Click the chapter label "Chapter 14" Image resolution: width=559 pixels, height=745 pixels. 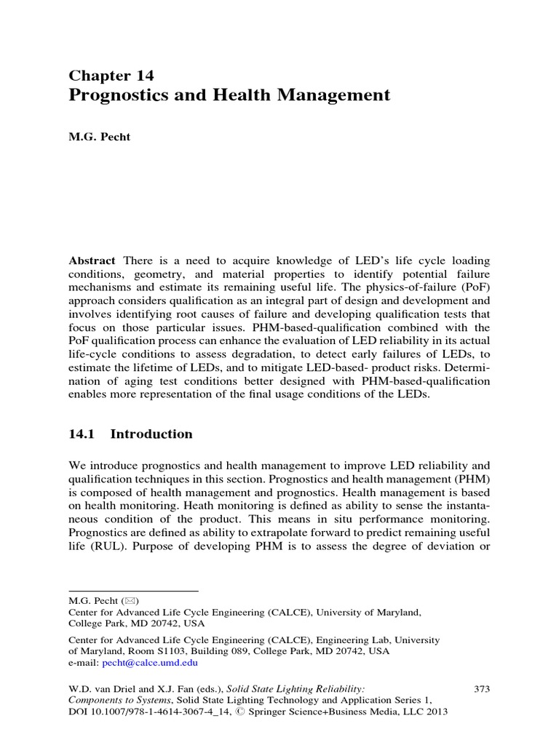click(111, 76)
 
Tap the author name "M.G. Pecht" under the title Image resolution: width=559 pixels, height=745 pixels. click(100, 138)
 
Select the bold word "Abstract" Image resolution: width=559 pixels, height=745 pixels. click(92, 260)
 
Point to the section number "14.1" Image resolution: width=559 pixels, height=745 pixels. click(82, 434)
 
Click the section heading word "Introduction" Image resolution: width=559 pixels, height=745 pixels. click(151, 434)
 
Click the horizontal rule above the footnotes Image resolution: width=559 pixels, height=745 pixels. click(133, 590)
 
